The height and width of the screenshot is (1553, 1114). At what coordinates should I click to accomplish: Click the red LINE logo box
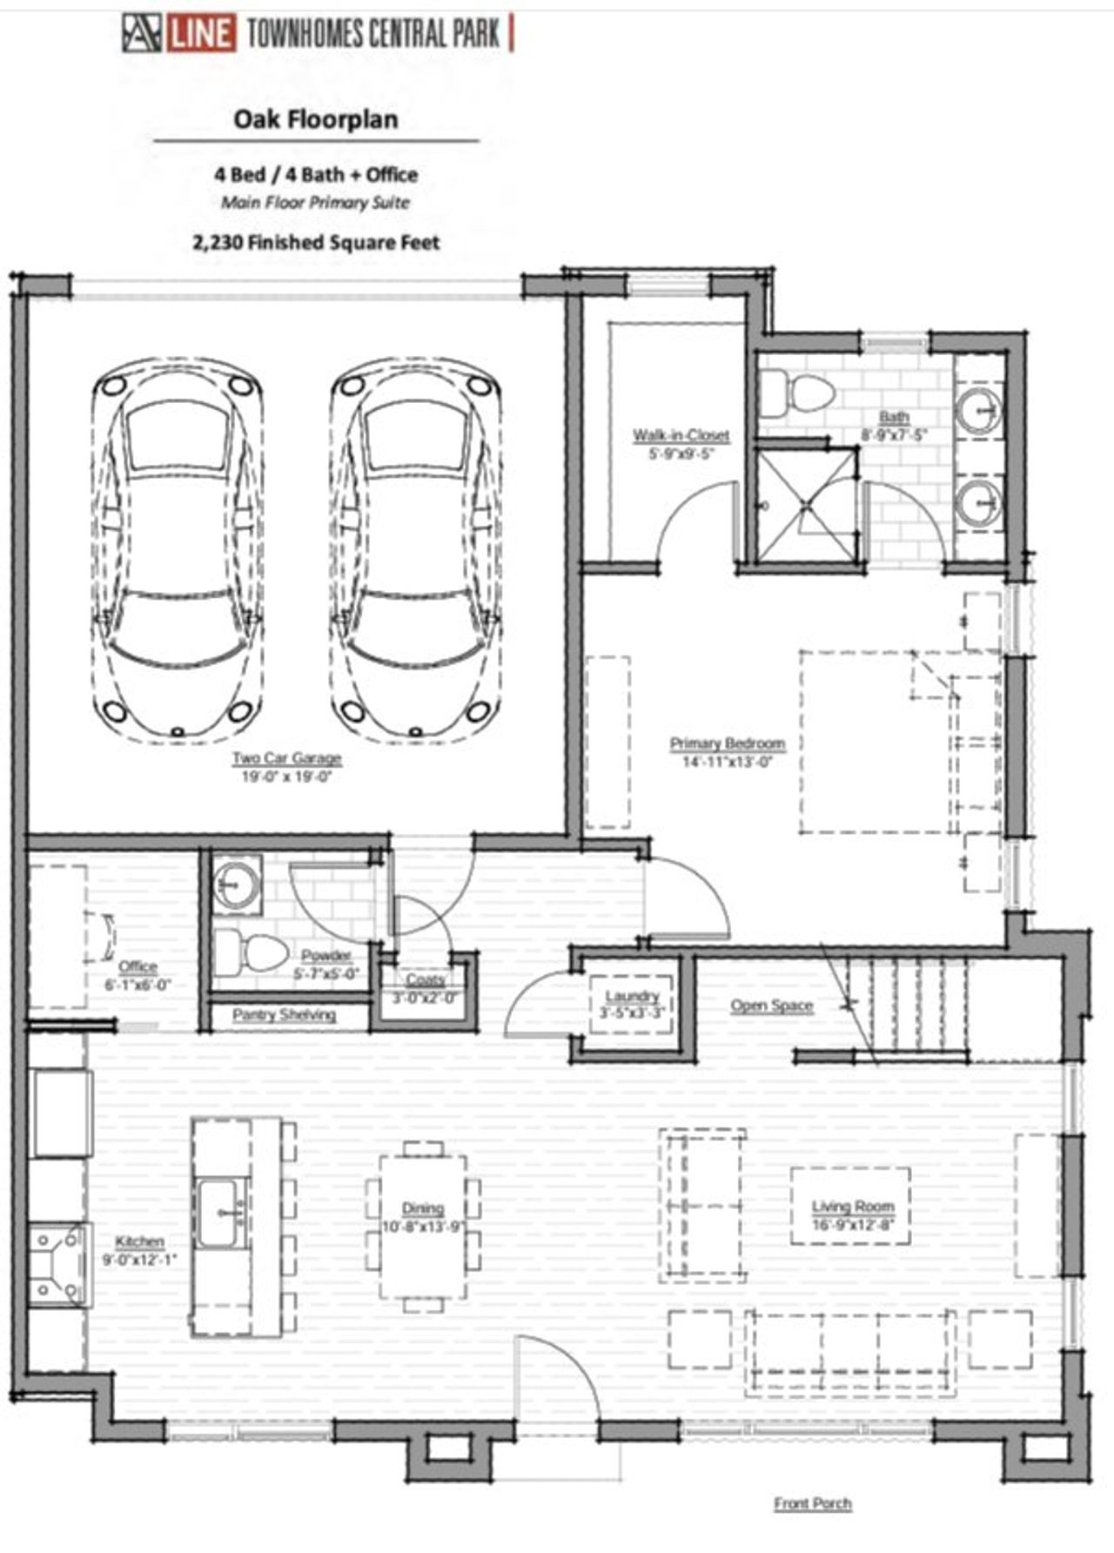[200, 34]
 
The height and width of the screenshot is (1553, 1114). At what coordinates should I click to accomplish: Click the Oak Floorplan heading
[315, 119]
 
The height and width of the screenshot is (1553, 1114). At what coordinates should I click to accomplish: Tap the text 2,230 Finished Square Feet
[316, 242]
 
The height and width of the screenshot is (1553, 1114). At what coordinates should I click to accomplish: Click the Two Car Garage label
[286, 758]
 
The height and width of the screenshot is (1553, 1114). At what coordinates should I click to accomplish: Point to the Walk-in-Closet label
[681, 435]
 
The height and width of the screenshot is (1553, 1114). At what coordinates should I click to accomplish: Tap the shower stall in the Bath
[805, 504]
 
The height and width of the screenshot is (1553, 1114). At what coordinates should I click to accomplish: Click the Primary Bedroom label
[728, 743]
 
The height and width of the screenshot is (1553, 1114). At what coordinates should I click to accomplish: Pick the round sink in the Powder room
[236, 884]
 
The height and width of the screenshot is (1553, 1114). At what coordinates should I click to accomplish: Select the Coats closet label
[425, 980]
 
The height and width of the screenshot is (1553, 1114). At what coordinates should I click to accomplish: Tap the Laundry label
[632, 996]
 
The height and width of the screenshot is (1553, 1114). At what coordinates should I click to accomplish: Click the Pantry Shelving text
[284, 1014]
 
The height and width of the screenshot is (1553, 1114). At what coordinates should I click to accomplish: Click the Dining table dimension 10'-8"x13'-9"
[423, 1227]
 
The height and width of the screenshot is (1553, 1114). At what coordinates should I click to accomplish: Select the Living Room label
[853, 1207]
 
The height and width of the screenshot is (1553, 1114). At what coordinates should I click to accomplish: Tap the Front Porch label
[813, 1503]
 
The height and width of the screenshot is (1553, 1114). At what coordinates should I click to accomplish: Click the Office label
[138, 966]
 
